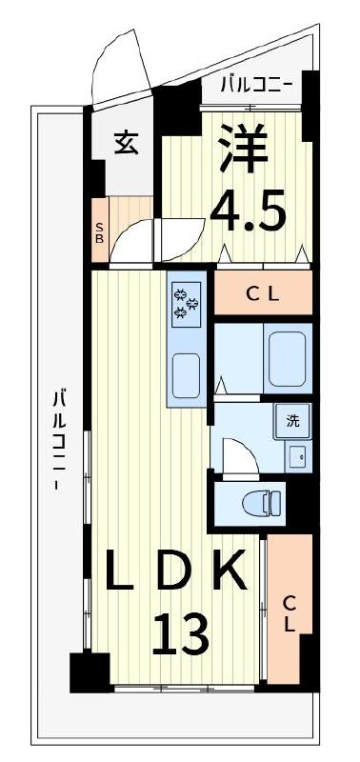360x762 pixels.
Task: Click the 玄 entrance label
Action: click(x=125, y=142)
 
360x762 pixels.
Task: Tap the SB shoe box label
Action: click(x=99, y=233)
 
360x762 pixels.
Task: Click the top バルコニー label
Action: click(x=254, y=85)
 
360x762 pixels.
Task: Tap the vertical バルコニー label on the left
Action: click(x=59, y=438)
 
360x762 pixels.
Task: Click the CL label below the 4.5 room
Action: click(x=263, y=294)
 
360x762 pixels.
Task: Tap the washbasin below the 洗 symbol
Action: click(x=296, y=455)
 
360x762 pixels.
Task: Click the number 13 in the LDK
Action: click(x=180, y=633)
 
